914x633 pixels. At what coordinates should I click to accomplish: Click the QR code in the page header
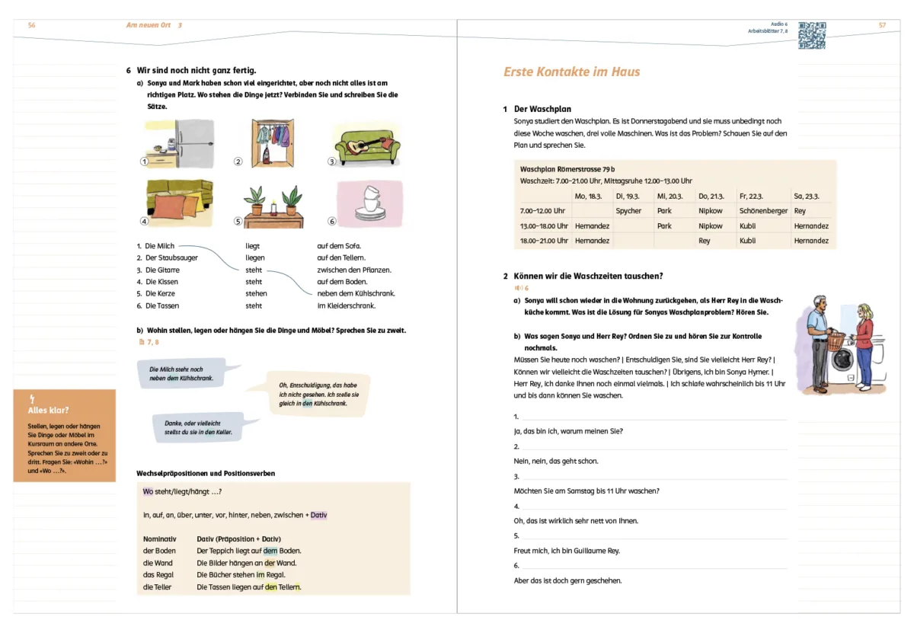click(x=812, y=35)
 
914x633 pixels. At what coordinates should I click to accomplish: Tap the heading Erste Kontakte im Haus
click(x=571, y=72)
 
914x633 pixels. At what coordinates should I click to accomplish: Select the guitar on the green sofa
click(x=362, y=145)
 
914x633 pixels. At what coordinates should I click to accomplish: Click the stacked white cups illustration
click(x=372, y=200)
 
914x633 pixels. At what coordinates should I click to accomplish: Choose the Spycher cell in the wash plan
click(x=628, y=211)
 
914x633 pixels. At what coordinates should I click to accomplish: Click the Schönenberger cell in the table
click(x=763, y=211)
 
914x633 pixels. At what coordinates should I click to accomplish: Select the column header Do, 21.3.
click(x=711, y=196)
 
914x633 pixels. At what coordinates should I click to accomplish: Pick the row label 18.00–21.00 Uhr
click(x=544, y=241)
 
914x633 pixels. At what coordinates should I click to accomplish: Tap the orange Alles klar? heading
click(x=48, y=410)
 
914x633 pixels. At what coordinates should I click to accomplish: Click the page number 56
click(x=31, y=25)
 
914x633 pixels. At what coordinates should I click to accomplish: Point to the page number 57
click(x=882, y=25)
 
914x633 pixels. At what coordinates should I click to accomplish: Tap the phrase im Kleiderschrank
click(x=346, y=305)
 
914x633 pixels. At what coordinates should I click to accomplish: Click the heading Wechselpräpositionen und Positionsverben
click(x=206, y=473)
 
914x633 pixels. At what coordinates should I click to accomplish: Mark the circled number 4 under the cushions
click(x=143, y=222)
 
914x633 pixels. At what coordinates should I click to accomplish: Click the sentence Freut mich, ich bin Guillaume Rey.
click(x=567, y=550)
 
